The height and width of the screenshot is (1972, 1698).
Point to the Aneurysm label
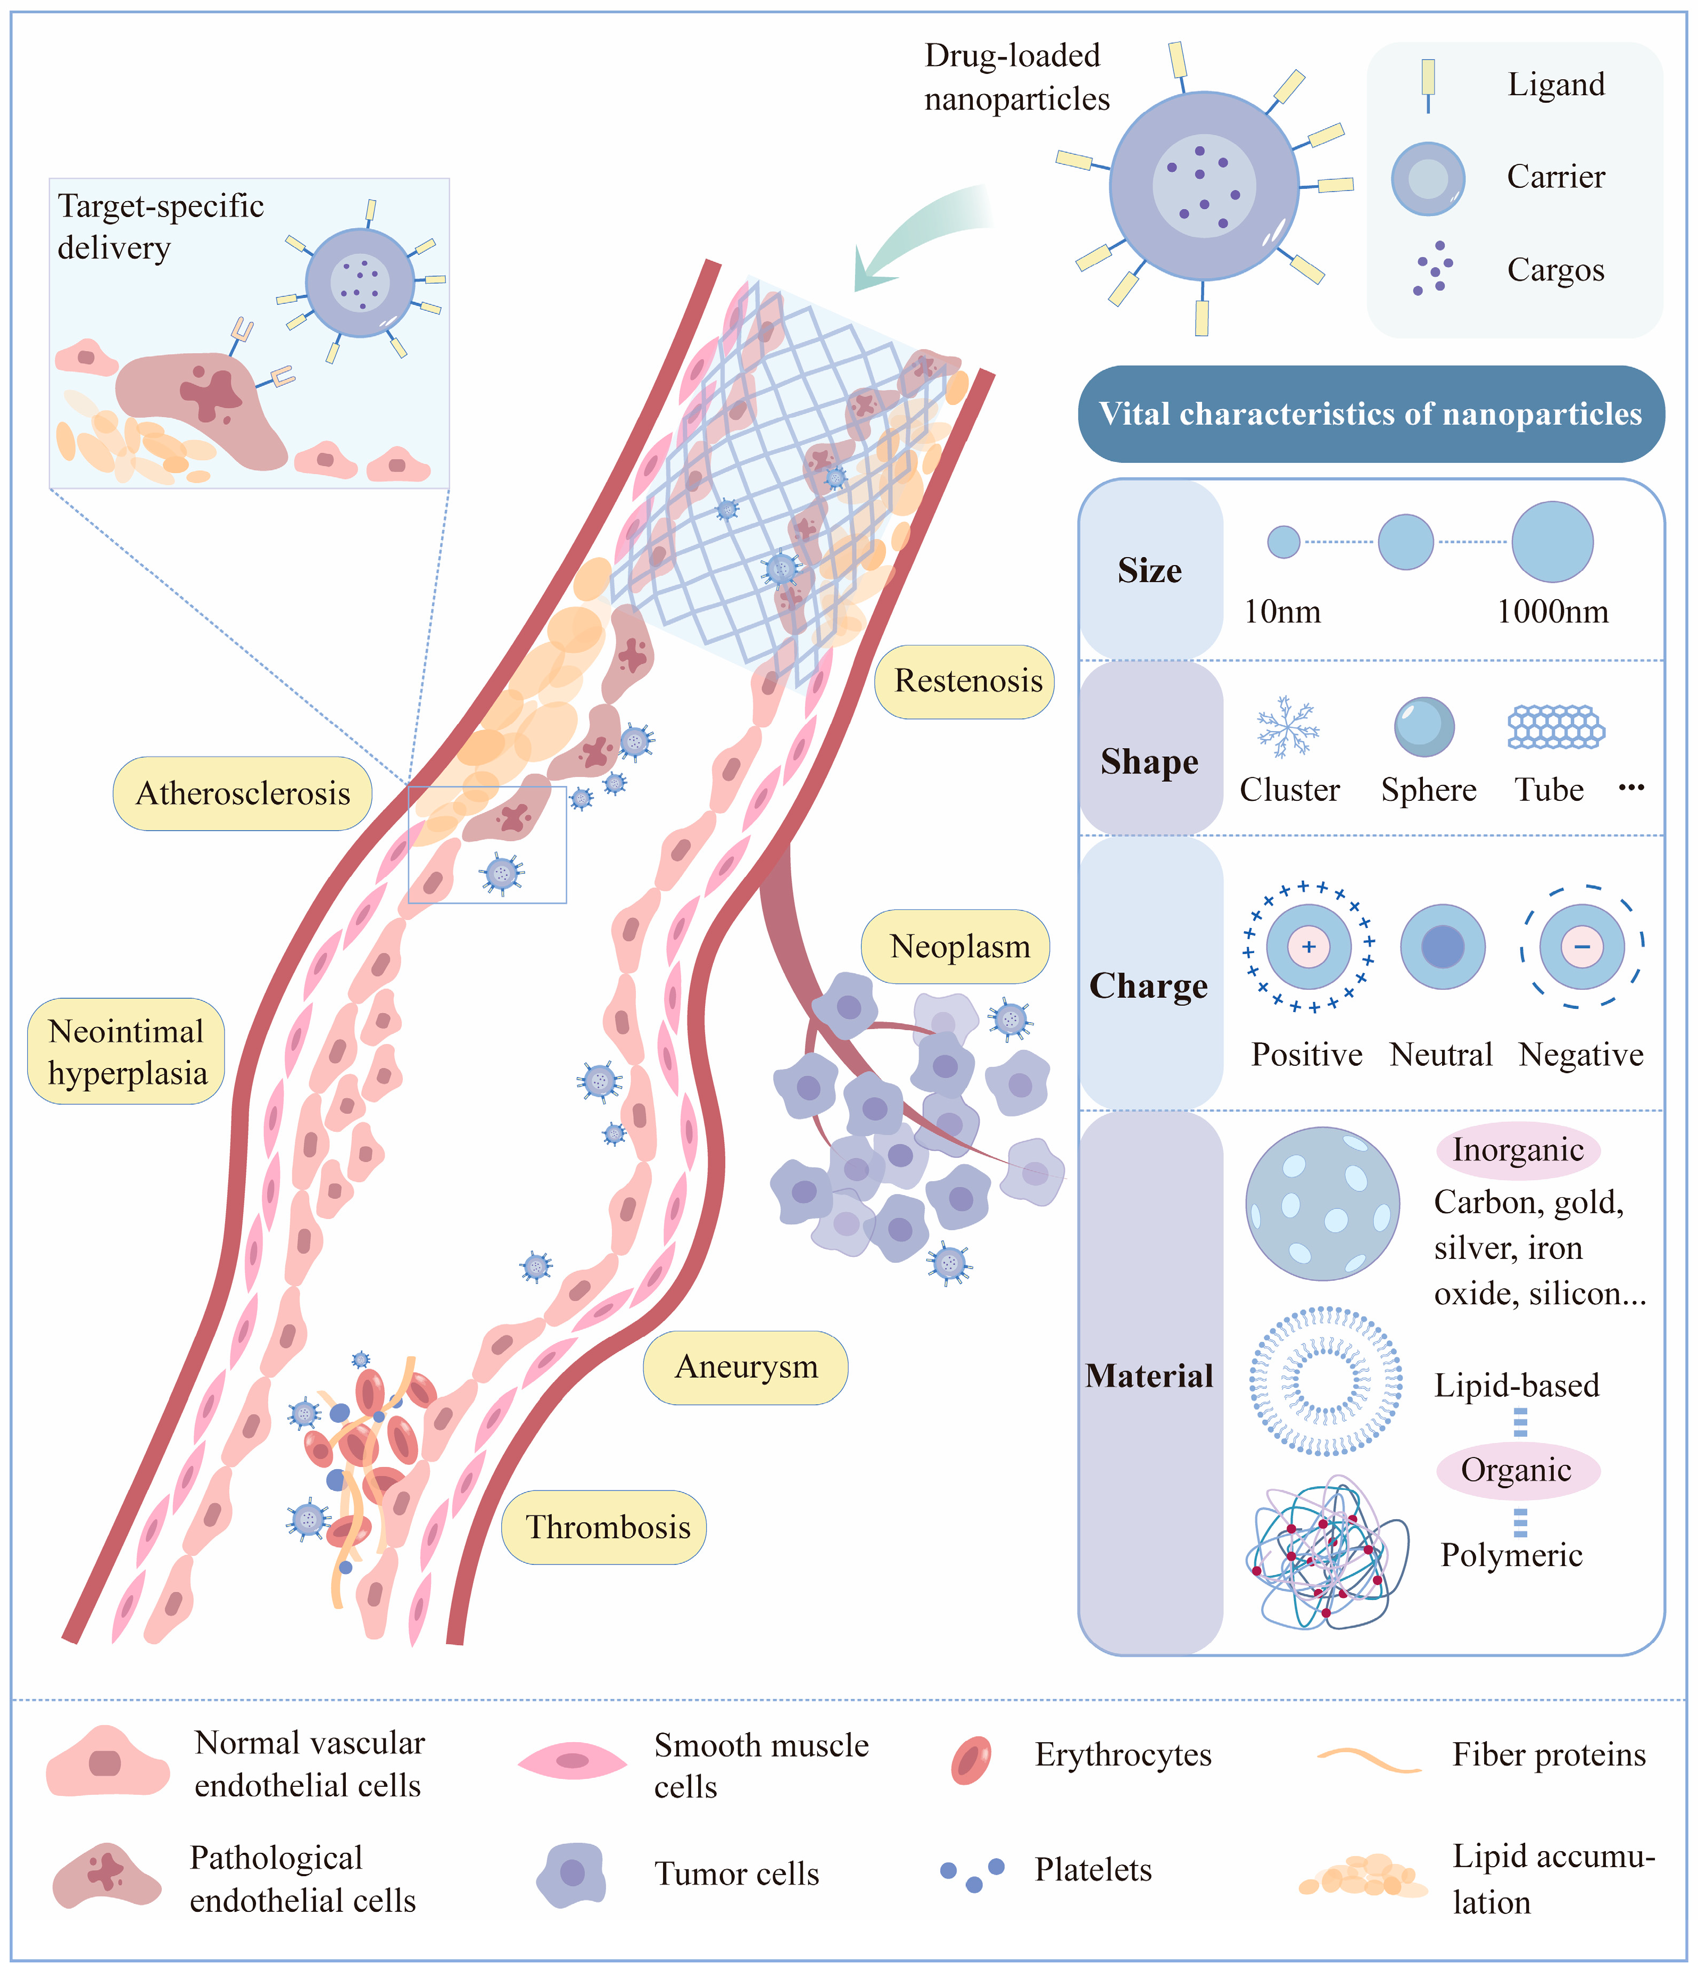(x=746, y=1366)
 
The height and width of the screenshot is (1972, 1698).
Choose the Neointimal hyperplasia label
(x=127, y=1051)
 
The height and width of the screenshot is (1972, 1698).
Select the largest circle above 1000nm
(x=1552, y=542)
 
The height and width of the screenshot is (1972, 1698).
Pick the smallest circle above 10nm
(x=1283, y=542)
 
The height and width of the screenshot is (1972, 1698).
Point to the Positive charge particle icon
(x=1308, y=947)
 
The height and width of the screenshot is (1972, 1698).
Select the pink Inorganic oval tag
(x=1517, y=1150)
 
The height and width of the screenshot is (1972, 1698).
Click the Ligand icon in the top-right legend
(x=1428, y=84)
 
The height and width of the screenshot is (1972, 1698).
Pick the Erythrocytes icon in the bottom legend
(x=971, y=1759)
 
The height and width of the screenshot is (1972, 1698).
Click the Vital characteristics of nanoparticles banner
(x=1371, y=414)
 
